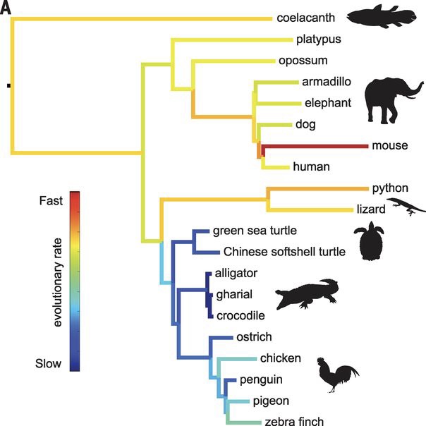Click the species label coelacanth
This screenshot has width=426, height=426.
click(305, 18)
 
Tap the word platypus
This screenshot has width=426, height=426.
click(318, 39)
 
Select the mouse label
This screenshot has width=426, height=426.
click(390, 145)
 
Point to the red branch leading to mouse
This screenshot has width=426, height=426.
click(315, 147)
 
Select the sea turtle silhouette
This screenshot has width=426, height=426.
click(370, 241)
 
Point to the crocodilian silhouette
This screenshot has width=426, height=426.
click(307, 295)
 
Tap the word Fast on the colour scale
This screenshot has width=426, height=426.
click(51, 201)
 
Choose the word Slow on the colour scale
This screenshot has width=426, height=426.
click(48, 363)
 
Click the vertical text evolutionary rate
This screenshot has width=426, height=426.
click(58, 282)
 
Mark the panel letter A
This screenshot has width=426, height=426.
click(6, 8)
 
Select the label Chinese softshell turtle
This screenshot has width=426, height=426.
click(284, 252)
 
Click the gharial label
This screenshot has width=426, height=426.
click(234, 295)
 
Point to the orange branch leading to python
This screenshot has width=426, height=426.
click(317, 189)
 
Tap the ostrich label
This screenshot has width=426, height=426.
click(254, 337)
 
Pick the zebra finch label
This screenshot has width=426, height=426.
click(294, 421)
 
